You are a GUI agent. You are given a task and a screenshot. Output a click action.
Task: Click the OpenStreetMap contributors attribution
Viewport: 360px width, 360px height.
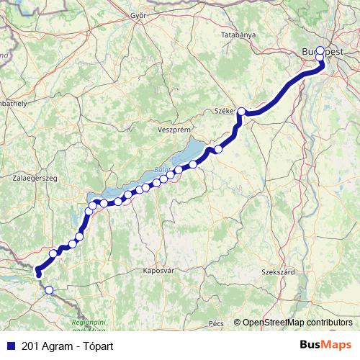pos(297,322)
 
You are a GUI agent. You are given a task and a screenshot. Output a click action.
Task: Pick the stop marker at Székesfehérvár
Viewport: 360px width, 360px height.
pos(242,112)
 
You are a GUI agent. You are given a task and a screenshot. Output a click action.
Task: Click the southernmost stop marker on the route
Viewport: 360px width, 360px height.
pos(49,290)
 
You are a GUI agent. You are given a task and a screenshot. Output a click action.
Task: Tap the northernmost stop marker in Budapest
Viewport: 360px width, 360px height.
pos(320,51)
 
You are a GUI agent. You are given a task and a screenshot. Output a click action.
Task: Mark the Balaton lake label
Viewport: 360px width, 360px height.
pos(159,170)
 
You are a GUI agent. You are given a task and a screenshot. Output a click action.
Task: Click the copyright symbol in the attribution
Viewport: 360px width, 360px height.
pos(238,322)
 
